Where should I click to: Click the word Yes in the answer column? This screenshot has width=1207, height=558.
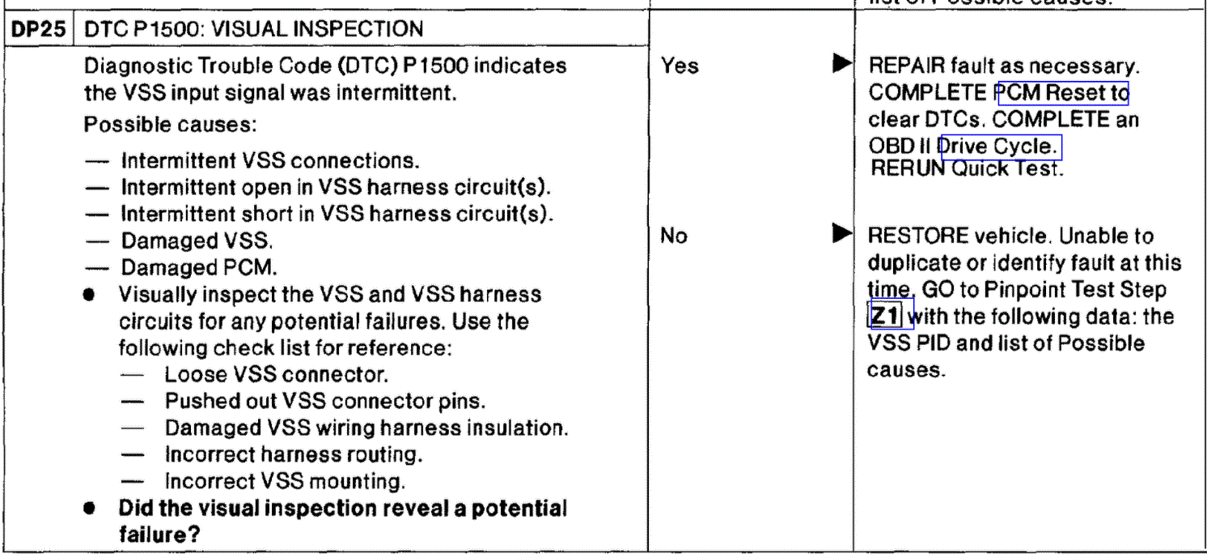click(680, 66)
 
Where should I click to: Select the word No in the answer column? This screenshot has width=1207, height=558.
click(674, 236)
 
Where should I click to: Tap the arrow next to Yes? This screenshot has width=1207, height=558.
click(841, 63)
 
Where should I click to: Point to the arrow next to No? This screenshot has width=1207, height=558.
click(841, 235)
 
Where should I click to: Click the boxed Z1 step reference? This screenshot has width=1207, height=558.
click(889, 315)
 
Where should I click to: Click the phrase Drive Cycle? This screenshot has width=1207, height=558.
click(1000, 147)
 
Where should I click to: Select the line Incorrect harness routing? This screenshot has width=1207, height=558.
click(294, 454)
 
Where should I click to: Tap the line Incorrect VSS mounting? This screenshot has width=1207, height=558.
click(285, 481)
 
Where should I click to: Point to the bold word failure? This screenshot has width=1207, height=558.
click(159, 535)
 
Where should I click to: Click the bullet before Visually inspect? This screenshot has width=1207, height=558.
click(95, 295)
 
